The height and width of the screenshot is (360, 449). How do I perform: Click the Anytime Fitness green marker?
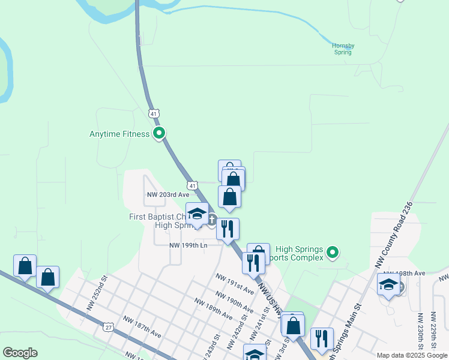pyautogui.click(x=159, y=133)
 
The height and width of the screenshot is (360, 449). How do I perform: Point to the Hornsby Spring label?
pyautogui.click(x=343, y=48)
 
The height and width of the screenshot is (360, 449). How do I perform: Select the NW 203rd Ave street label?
pyautogui.click(x=168, y=194)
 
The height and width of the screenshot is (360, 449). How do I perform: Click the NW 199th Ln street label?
pyautogui.click(x=188, y=245)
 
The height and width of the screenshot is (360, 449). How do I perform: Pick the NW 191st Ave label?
pyautogui.click(x=235, y=281)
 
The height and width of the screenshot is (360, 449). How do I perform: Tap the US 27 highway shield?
pyautogui.click(x=108, y=327)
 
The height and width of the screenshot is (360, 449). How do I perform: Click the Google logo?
pyautogui.click(x=20, y=353)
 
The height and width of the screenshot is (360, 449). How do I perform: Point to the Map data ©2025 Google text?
pyautogui.click(x=412, y=355)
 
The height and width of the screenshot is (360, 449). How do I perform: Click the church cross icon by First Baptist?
pyautogui.click(x=212, y=220)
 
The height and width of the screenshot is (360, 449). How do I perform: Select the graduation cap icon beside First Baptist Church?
pyautogui.click(x=197, y=214)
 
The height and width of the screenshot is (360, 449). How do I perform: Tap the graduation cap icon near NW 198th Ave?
pyautogui.click(x=388, y=284)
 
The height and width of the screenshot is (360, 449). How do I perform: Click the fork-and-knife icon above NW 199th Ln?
pyautogui.click(x=228, y=229)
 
